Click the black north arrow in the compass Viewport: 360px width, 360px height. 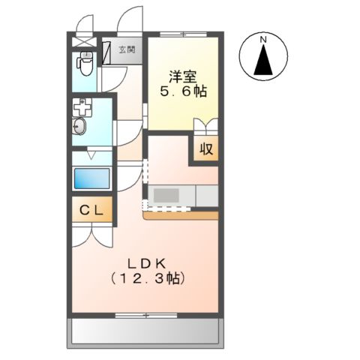click(x=263, y=60)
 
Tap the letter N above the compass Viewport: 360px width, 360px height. click(x=263, y=39)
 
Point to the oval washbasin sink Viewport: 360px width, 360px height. click(x=79, y=128)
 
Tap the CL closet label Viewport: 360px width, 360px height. click(x=92, y=211)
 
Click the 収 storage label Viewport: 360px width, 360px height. click(x=206, y=148)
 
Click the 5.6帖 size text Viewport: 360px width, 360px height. click(x=183, y=92)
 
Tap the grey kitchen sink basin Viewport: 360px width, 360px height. click(x=166, y=195)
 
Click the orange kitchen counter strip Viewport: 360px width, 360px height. click(x=180, y=215)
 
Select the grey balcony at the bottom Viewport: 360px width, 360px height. click(x=146, y=331)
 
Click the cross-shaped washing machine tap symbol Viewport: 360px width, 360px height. click(x=81, y=108)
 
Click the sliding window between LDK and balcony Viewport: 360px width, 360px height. click(x=146, y=315)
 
